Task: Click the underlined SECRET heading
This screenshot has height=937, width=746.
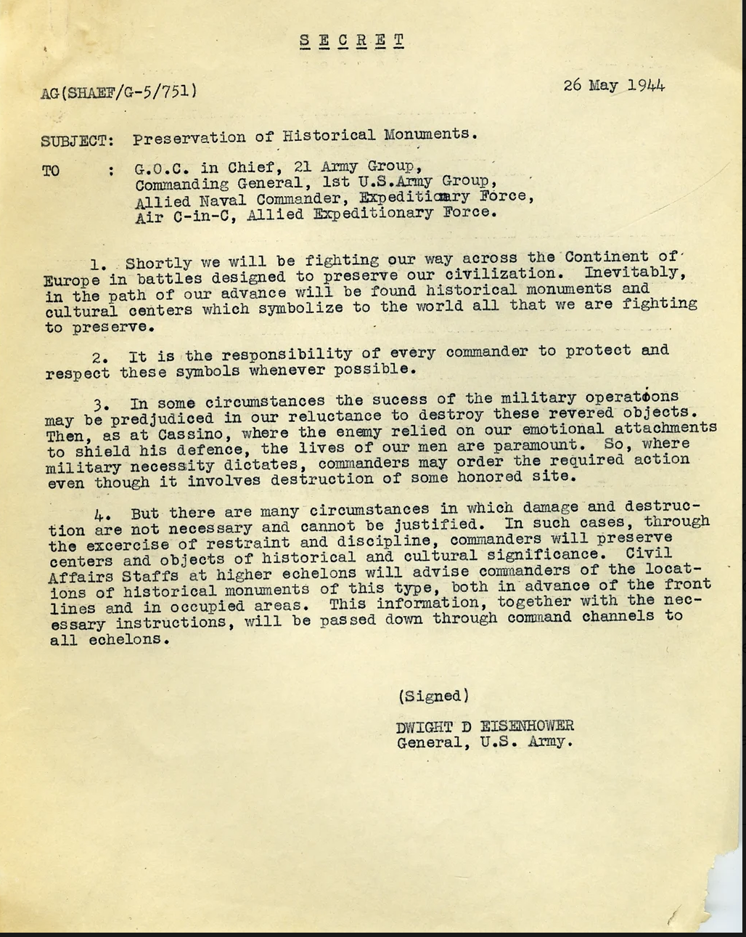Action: point(352,40)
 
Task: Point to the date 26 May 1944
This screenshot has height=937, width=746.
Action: point(614,85)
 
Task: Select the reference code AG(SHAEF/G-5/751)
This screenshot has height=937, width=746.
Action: point(119,92)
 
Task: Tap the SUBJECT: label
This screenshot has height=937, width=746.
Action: point(77,141)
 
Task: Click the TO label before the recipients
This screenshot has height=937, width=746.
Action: point(51,171)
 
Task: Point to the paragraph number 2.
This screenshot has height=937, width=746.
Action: point(100,357)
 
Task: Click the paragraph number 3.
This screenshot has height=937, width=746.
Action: point(102,403)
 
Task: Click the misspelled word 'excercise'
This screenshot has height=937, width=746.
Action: point(128,544)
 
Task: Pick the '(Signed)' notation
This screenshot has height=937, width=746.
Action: point(433,696)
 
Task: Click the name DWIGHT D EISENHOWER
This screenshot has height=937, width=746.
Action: point(485,726)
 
